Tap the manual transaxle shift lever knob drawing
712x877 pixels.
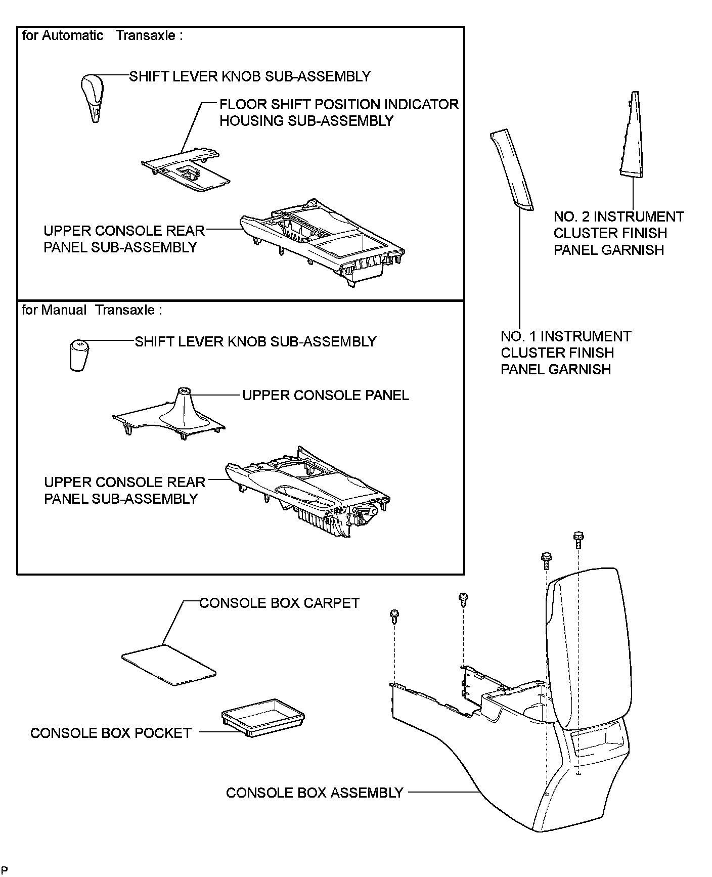(x=78, y=356)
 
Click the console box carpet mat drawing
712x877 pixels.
(x=168, y=664)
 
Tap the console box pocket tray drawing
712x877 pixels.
(x=262, y=717)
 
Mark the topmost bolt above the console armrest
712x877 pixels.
(x=578, y=539)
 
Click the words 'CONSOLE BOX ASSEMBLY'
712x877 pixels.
(x=314, y=793)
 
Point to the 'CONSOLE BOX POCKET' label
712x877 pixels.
(x=111, y=733)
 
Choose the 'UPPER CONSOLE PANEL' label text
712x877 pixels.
(x=325, y=395)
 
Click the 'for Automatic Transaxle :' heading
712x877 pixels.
(x=102, y=35)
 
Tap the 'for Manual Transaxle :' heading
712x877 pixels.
(x=92, y=310)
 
